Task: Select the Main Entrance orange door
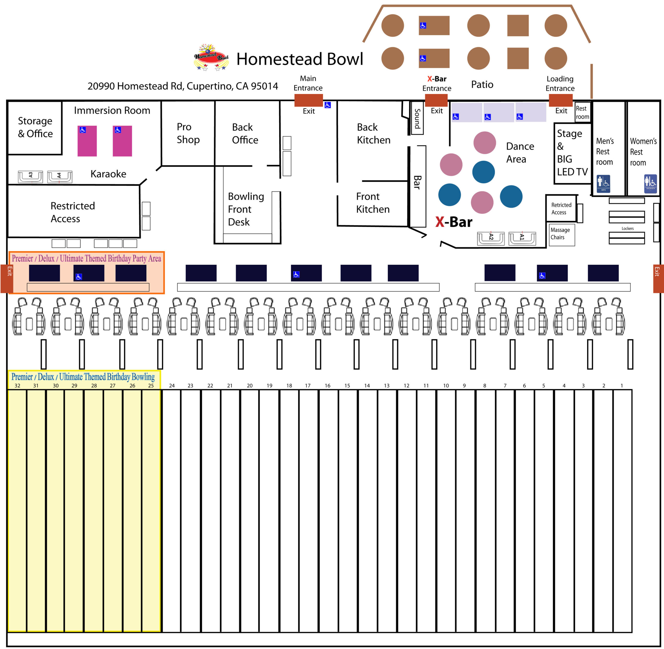(308, 100)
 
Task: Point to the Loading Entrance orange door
(560, 100)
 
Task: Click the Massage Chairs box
(561, 234)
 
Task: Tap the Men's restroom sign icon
(603, 183)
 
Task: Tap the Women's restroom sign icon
(650, 183)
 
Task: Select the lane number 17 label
(307, 385)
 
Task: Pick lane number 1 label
(621, 385)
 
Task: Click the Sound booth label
(417, 118)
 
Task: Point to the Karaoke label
(108, 174)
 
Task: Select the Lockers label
(627, 228)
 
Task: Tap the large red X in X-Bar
(440, 222)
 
